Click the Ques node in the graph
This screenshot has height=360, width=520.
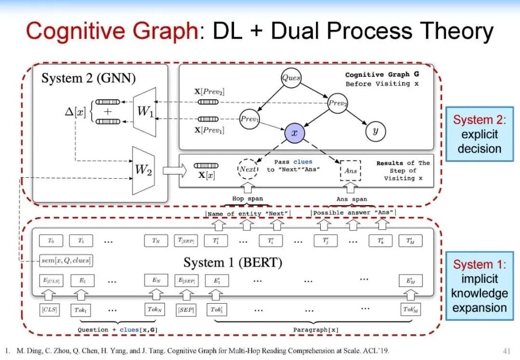(x=291, y=78)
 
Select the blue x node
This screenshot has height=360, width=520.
(x=294, y=133)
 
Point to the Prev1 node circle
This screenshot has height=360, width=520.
(x=249, y=119)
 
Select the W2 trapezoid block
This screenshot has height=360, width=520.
(x=143, y=170)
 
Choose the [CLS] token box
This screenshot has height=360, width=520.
(x=50, y=309)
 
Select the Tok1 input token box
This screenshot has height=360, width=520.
(x=81, y=309)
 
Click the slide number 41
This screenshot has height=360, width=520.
(x=506, y=350)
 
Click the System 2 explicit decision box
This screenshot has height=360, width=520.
(x=480, y=134)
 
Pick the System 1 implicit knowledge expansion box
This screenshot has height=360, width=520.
(x=480, y=286)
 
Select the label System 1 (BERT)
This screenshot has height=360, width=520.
(x=233, y=263)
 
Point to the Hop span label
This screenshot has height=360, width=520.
(x=248, y=199)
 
